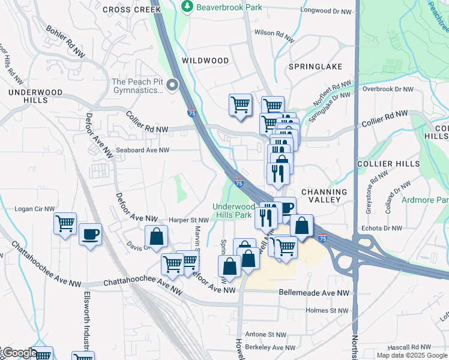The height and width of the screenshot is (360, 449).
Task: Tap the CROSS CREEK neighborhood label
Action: tap(131, 10)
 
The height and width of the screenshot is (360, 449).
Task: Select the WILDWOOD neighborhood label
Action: tap(205, 61)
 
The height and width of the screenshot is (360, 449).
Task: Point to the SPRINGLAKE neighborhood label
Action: tap(315, 66)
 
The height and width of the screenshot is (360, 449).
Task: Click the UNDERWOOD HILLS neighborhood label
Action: tap(28, 96)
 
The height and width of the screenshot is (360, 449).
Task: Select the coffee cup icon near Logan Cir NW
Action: tap(91, 234)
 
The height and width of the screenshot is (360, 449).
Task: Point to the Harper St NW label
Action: tap(188, 220)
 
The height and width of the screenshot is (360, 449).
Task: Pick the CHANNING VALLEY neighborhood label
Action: tap(324, 195)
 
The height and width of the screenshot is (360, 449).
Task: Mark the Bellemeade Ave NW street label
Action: tap(314, 292)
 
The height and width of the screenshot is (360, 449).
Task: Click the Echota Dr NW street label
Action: tap(381, 228)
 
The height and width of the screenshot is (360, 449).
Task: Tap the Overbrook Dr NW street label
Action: tap(388, 89)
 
